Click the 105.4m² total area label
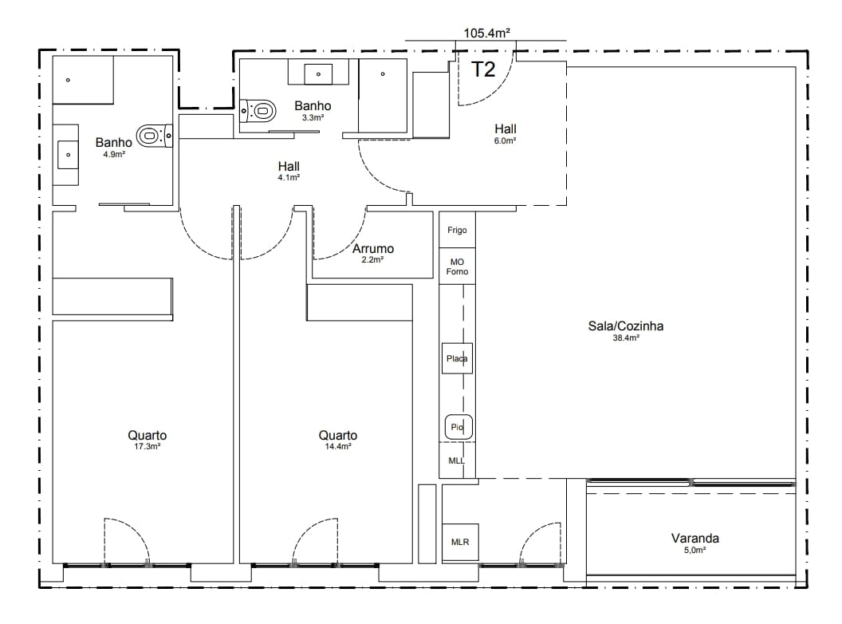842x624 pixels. [x=486, y=33]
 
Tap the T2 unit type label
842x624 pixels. [x=483, y=69]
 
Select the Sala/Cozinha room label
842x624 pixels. [x=626, y=326]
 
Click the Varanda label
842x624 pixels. [x=694, y=538]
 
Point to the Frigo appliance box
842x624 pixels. [x=457, y=230]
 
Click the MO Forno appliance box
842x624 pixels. [x=457, y=266]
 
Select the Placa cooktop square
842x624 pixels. [x=457, y=358]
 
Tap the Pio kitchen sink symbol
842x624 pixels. [x=458, y=427]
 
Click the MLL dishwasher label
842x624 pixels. [x=456, y=460]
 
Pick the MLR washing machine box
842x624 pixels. [x=460, y=543]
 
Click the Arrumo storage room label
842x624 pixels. [x=373, y=249]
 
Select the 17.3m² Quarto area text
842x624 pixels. [x=148, y=447]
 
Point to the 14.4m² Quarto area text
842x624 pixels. [x=338, y=447]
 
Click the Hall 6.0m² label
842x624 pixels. [x=506, y=133]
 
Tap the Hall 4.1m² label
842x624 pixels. [x=289, y=171]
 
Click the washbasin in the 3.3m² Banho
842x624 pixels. [x=318, y=74]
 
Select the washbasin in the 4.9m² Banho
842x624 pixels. [x=69, y=155]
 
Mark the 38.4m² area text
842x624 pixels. [x=626, y=338]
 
